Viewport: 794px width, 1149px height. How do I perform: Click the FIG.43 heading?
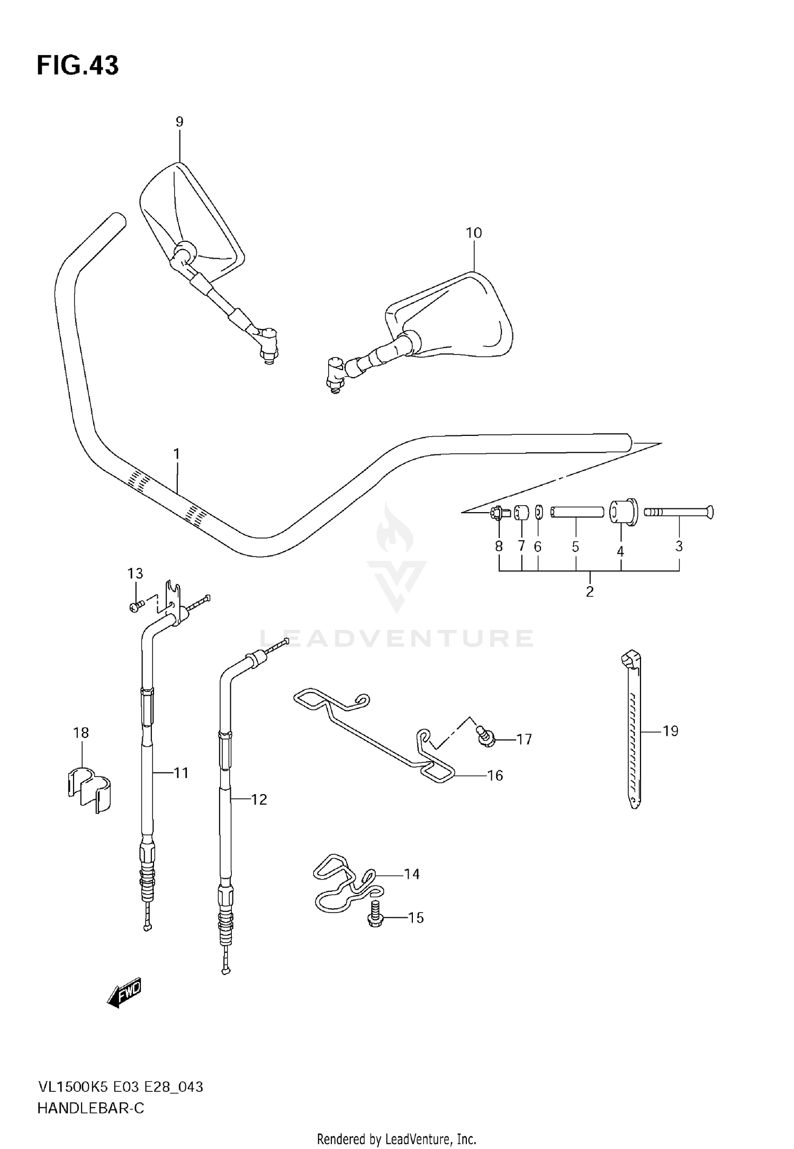78,66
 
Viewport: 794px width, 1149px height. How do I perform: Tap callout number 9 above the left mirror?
179,122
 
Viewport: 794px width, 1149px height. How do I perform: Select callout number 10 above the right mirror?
474,233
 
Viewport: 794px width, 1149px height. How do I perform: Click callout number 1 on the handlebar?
176,454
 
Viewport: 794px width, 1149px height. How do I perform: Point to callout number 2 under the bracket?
590,591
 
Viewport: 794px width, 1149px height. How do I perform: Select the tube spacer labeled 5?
576,512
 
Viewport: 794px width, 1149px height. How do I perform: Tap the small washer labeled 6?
538,512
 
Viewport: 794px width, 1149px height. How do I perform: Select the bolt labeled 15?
375,919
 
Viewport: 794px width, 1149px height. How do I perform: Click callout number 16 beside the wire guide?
495,776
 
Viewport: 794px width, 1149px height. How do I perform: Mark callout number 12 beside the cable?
259,799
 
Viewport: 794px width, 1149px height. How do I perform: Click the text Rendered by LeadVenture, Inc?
396,1138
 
